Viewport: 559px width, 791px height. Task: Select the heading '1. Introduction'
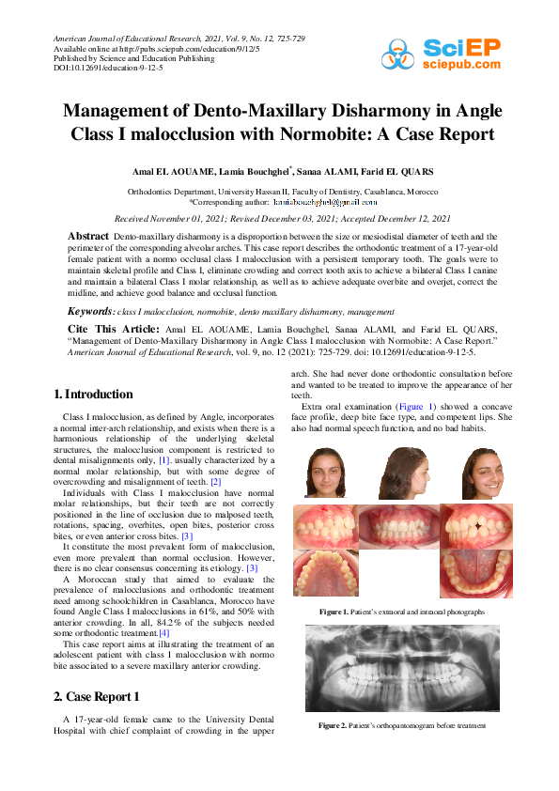(x=93, y=395)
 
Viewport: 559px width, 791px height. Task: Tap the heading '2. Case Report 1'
(x=100, y=696)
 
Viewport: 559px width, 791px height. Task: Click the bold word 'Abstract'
(x=89, y=235)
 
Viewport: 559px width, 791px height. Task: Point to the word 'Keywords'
(x=90, y=311)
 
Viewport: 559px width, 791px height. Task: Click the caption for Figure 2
(x=401, y=726)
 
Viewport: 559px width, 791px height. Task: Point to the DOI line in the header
(x=95, y=68)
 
